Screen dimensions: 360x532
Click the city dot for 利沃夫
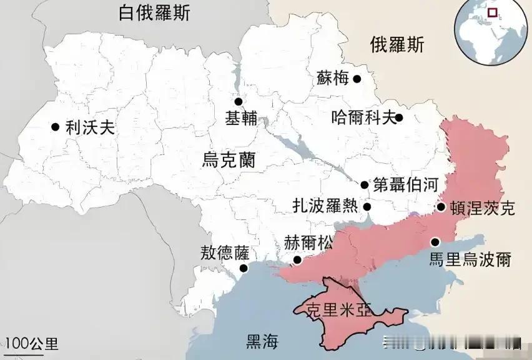56,127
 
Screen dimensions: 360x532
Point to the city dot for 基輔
238,102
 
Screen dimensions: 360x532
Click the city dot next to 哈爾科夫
399,117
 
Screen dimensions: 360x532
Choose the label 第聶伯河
403,184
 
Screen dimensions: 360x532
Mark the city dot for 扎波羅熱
368,207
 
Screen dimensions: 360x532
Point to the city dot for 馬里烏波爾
435,242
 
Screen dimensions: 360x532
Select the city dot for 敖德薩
244,269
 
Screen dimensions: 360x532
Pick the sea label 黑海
262,342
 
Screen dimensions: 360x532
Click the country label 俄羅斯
397,45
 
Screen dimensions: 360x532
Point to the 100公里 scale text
32,343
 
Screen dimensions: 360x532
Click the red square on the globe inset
493,12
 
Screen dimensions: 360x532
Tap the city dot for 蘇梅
357,79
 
